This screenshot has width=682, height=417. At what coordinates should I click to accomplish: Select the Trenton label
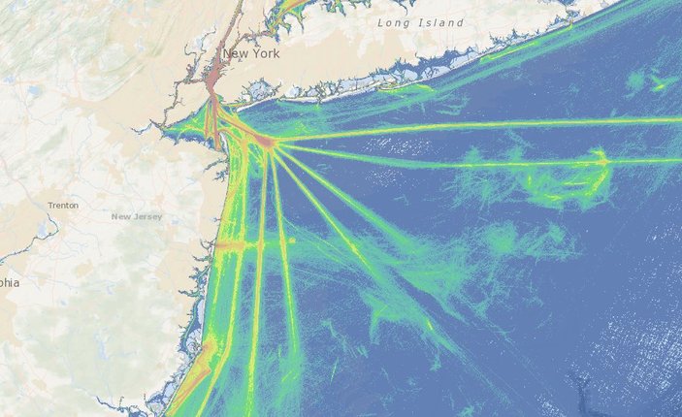[63, 206]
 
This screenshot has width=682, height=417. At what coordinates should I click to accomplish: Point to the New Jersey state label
[136, 216]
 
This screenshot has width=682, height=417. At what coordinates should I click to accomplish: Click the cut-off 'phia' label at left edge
[10, 283]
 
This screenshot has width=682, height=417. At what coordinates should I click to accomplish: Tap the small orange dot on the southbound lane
[291, 240]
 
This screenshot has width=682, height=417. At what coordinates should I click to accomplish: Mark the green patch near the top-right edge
[660, 82]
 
